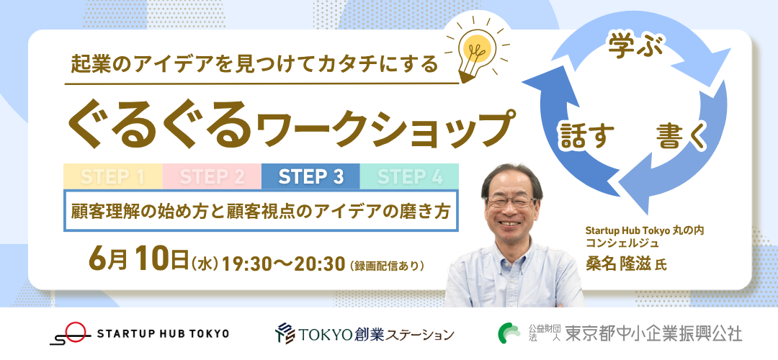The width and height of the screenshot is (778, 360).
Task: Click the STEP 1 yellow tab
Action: (x=113, y=176)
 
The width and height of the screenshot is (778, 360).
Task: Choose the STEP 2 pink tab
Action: (x=212, y=176)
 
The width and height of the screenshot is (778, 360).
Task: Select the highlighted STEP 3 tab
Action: (x=310, y=176)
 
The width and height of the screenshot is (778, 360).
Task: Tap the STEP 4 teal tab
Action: (x=409, y=176)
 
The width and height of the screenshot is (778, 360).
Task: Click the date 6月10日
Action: (x=138, y=261)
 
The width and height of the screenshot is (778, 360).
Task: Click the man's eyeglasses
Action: (x=511, y=202)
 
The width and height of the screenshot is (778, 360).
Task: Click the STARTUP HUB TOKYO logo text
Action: (x=163, y=333)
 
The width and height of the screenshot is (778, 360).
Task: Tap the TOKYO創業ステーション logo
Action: (x=365, y=333)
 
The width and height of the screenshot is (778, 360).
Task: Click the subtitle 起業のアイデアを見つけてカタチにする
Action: (x=254, y=65)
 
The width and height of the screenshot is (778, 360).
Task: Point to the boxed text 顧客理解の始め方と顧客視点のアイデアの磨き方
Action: (x=261, y=211)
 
